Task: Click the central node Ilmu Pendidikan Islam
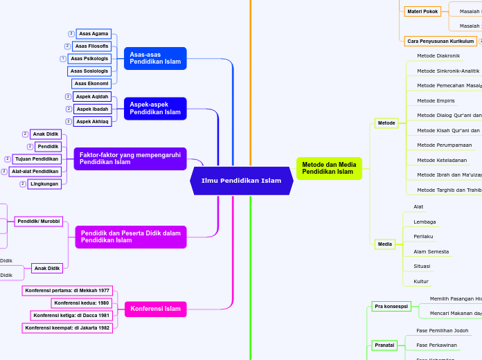click(x=241, y=181)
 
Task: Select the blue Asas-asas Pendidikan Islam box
click(x=155, y=58)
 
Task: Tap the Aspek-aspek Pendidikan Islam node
click(x=155, y=108)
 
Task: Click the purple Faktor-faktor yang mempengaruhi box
click(x=130, y=159)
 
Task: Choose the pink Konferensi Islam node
click(x=155, y=309)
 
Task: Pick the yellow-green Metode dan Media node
click(x=330, y=168)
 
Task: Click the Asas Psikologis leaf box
click(x=89, y=59)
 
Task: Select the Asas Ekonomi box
click(x=91, y=84)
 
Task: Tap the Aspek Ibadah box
click(x=91, y=109)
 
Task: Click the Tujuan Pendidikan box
click(x=37, y=159)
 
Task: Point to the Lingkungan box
click(x=44, y=184)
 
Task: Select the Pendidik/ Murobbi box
click(x=39, y=222)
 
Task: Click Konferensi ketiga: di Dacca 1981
click(x=72, y=316)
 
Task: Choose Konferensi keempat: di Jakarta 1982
click(x=67, y=328)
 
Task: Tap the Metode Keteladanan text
click(x=442, y=160)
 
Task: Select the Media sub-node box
click(x=386, y=244)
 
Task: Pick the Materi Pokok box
click(x=422, y=12)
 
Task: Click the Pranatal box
click(x=384, y=345)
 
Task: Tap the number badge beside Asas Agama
click(x=71, y=34)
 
